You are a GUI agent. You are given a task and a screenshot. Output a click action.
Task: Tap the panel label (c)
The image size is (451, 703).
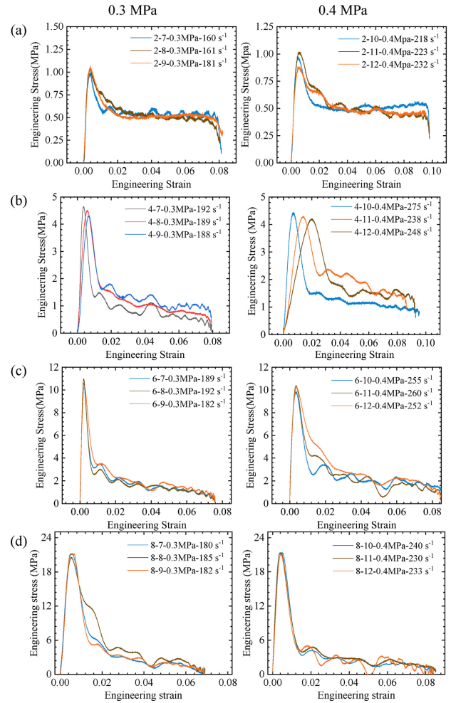coord(20,369)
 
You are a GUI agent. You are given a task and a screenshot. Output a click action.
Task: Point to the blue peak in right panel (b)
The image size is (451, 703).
coord(293,212)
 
